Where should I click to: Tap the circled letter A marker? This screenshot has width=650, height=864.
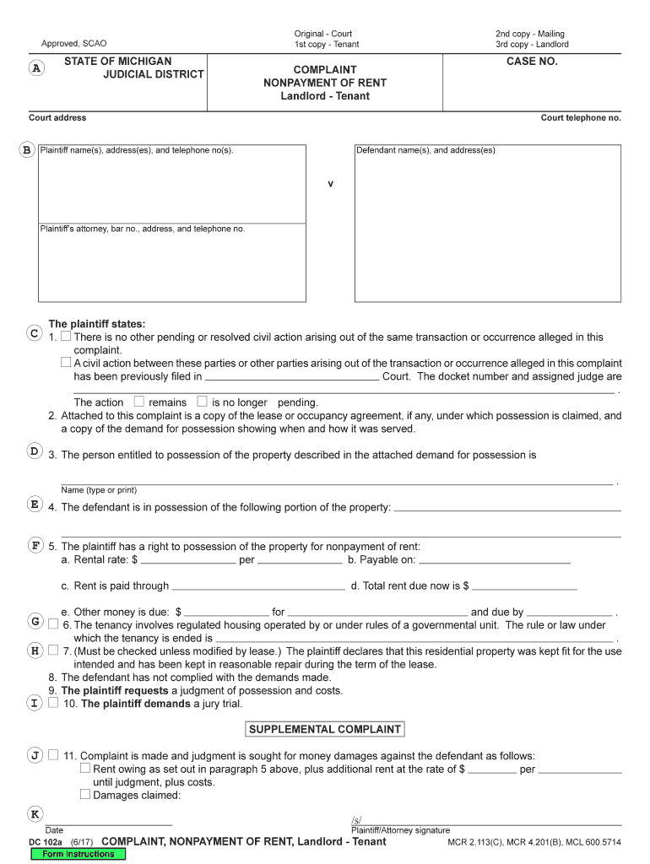coord(35,69)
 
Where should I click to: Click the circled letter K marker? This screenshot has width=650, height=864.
coord(35,813)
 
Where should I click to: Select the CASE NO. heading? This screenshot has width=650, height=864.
coord(532,62)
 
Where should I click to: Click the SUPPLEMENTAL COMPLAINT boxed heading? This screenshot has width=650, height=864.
coord(324,729)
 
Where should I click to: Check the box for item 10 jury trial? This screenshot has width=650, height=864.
coord(53,703)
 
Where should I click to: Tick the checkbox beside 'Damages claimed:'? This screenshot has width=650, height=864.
coord(85,794)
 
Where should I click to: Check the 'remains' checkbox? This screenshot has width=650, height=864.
coord(139,402)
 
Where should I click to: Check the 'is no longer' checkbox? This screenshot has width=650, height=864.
coord(202,402)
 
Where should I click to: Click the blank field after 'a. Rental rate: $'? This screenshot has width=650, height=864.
coord(187,559)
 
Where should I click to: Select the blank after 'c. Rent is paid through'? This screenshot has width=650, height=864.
coord(258,586)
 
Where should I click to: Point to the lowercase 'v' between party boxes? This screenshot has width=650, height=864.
coord(330,184)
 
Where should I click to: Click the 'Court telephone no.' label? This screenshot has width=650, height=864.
coord(581,118)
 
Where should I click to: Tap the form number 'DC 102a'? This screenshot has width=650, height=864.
coord(47,842)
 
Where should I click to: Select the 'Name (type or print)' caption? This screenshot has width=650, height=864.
coord(98,490)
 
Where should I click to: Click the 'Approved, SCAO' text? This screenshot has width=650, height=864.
coord(74,43)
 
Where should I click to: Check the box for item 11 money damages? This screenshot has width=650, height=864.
coord(53,755)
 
